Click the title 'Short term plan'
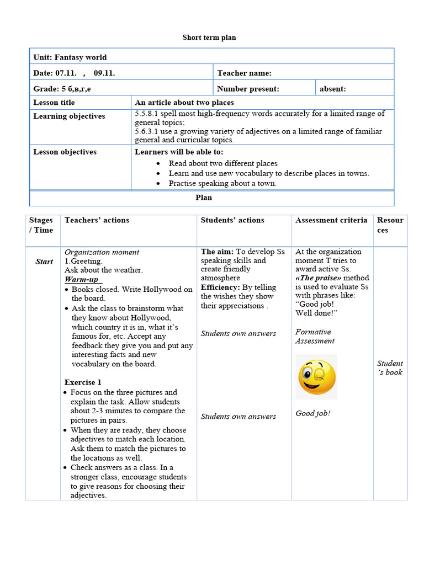tap(209, 38)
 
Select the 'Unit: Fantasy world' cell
tap(70, 57)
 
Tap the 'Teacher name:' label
tap(244, 73)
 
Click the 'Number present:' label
tap(248, 89)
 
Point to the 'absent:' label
tap(333, 89)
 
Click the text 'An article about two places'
tap(184, 103)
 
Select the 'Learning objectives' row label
tap(69, 116)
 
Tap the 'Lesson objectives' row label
tap(65, 152)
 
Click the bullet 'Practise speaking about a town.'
tap(222, 183)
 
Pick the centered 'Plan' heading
tap(204, 198)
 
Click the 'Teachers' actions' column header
tap(97, 220)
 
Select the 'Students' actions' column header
tap(232, 220)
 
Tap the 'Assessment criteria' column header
tap(331, 220)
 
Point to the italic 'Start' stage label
tap(44, 262)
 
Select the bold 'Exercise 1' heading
tap(83, 382)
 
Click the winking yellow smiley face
tap(317, 377)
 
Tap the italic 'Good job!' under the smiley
tap(313, 413)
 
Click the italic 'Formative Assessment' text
tap(315, 337)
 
